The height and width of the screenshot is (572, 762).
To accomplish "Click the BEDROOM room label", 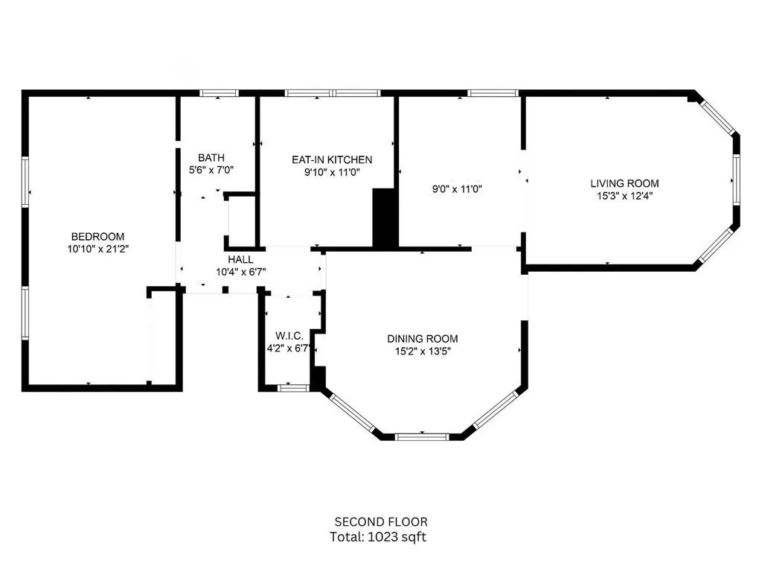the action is [x=97, y=237].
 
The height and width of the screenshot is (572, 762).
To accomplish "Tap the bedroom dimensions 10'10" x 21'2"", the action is [x=97, y=250].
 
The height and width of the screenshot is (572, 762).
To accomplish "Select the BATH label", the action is [x=211, y=158].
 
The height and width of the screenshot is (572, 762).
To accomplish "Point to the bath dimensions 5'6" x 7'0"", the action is [x=211, y=171].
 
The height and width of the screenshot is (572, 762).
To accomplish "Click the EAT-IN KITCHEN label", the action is [x=332, y=159].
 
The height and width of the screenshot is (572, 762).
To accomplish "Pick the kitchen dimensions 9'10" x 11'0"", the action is [x=332, y=172].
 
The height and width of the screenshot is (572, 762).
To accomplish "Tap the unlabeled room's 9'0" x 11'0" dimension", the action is [x=457, y=188].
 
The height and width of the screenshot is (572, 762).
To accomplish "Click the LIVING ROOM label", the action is [x=624, y=183].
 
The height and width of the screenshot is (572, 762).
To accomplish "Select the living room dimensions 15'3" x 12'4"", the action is [x=624, y=196].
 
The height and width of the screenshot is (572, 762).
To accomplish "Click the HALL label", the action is [x=240, y=259].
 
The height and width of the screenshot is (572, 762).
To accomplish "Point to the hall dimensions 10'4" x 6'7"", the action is [x=240, y=272].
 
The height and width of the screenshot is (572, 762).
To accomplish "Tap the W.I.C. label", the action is [x=289, y=336].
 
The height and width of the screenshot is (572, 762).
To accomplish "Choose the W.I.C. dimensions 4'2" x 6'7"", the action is [x=289, y=349].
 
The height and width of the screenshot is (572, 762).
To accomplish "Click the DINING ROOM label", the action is [x=423, y=339].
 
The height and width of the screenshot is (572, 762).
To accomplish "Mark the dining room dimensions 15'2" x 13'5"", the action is [x=423, y=352].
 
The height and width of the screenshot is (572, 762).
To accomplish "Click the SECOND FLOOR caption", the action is [x=381, y=522].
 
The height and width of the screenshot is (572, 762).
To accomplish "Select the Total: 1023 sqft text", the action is [x=378, y=537].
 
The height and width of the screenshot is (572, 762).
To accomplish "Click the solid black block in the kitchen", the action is [x=385, y=217].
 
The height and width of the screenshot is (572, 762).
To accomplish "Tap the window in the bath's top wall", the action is [x=220, y=93].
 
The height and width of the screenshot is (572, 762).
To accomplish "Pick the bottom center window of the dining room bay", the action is [x=422, y=436].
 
